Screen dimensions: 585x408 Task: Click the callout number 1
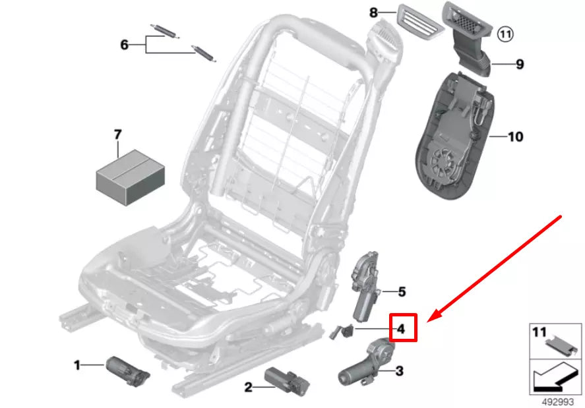tap(77, 364)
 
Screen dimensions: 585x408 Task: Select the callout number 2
tap(248, 388)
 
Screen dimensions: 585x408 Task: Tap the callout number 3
tap(399, 372)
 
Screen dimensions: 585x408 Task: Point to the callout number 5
tap(402, 291)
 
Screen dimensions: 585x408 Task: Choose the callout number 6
tap(124, 45)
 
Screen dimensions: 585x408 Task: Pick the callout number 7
tap(118, 135)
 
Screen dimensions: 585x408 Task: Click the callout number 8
tap(374, 12)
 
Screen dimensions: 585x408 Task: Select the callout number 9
tap(520, 64)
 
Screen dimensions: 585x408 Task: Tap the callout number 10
tap(515, 137)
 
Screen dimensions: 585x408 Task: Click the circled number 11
tap(505, 33)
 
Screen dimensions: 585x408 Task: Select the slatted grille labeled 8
tap(421, 22)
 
